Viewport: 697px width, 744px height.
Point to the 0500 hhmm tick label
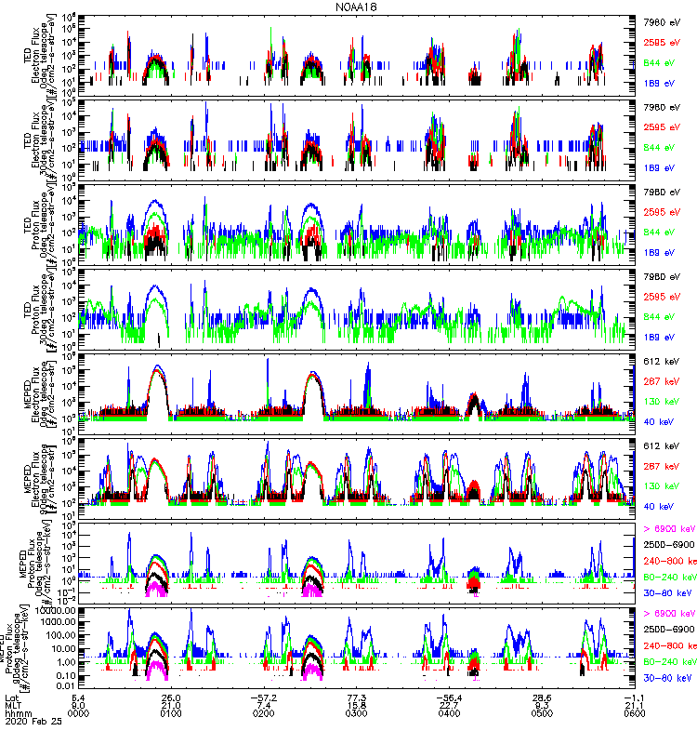click(x=543, y=714)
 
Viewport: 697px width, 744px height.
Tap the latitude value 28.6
click(x=543, y=696)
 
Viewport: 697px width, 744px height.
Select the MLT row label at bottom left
click(x=13, y=705)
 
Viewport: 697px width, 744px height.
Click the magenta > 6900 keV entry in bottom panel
click(x=669, y=614)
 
